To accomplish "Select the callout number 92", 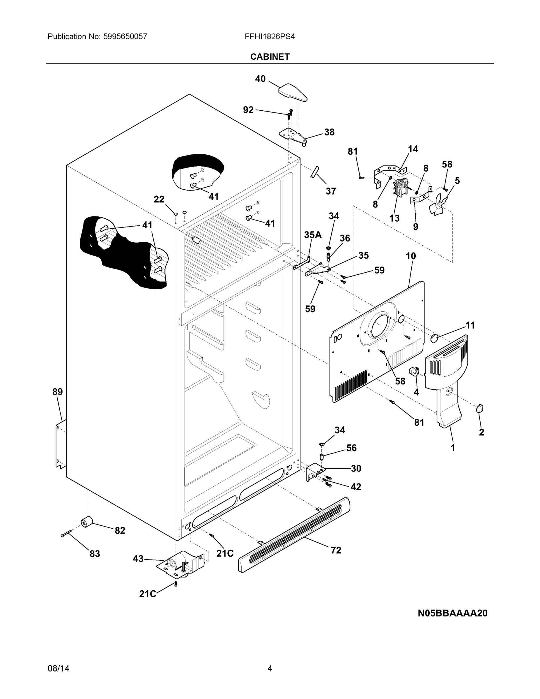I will click(x=248, y=110).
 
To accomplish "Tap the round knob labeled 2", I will click(x=479, y=408).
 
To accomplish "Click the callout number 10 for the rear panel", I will click(x=411, y=256).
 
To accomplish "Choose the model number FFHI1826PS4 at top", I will click(x=270, y=36).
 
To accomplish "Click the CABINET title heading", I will click(x=270, y=57).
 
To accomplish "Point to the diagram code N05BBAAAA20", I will click(x=452, y=613).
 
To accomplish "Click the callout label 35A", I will click(x=313, y=235).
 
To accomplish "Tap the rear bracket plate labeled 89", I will click(x=61, y=445).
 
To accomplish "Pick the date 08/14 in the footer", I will click(x=59, y=668).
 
